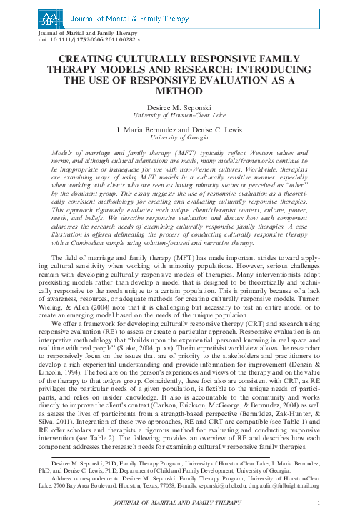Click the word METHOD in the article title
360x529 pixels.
click(180, 92)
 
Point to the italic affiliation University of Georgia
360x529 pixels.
click(180, 137)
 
